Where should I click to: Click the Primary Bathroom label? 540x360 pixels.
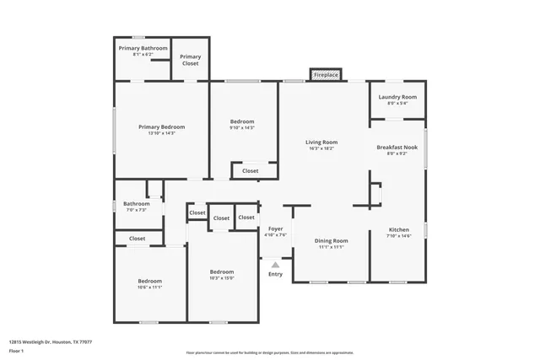pyautogui.click(x=142, y=49)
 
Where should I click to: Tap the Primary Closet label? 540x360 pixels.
pyautogui.click(x=191, y=60)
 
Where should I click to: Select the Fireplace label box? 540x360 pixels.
pyautogui.click(x=326, y=76)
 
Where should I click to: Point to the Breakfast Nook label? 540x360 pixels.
pyautogui.click(x=397, y=148)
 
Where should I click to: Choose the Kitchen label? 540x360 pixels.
pyautogui.click(x=399, y=230)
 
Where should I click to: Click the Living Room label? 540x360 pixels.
pyautogui.click(x=321, y=142)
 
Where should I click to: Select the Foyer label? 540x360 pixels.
pyautogui.click(x=276, y=229)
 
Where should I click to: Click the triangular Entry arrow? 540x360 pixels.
pyautogui.click(x=275, y=265)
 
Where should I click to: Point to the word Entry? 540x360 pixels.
pyautogui.click(x=276, y=274)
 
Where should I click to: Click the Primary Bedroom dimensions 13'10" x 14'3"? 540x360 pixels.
pyautogui.click(x=162, y=133)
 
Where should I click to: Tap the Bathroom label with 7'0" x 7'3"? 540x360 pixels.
pyautogui.click(x=136, y=204)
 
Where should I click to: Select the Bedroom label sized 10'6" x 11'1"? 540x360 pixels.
pyautogui.click(x=150, y=281)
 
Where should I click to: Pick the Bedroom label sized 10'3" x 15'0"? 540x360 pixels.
pyautogui.click(x=222, y=271)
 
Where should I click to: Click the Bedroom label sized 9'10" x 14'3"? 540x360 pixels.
pyautogui.click(x=242, y=122)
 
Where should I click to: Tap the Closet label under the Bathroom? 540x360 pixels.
pyautogui.click(x=138, y=239)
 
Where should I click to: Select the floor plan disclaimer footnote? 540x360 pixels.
pyautogui.click(x=270, y=352)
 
